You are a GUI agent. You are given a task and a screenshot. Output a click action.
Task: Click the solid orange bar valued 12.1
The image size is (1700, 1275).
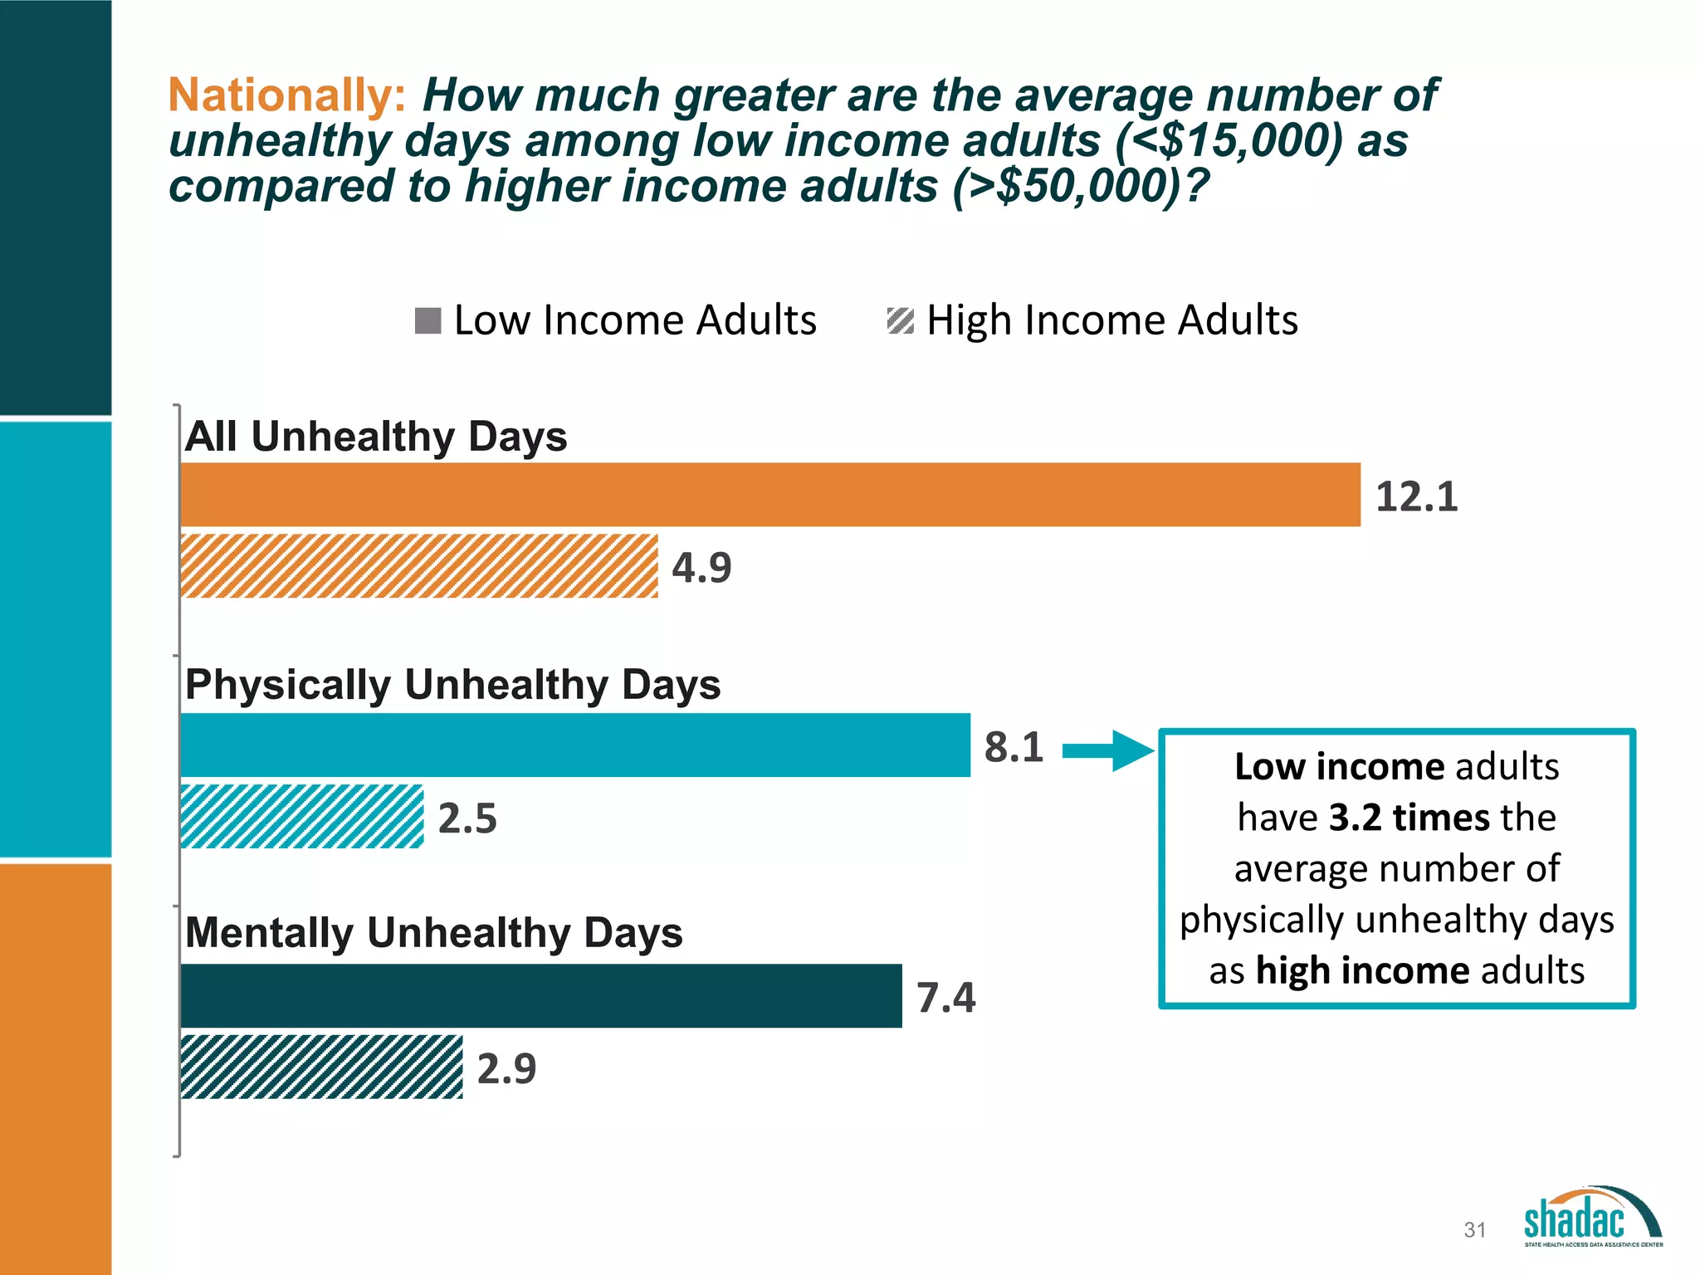[770, 495]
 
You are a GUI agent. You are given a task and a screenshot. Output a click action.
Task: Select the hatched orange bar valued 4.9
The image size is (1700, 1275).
[419, 566]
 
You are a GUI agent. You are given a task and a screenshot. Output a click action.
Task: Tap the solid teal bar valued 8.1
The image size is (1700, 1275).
[574, 745]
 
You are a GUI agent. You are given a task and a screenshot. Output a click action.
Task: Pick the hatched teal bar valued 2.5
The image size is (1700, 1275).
[302, 817]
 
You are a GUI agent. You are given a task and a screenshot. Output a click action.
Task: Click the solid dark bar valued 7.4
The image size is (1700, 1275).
[540, 996]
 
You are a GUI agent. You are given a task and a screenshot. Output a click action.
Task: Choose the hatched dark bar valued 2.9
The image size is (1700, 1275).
[322, 1067]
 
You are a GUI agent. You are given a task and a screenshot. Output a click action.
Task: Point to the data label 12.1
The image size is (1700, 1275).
[1416, 496]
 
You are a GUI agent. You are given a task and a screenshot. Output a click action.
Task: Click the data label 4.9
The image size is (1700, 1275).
[701, 568]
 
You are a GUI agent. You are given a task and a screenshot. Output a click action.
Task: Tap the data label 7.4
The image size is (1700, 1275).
[945, 997]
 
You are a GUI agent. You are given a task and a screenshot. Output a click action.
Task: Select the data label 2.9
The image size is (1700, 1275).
[506, 1068]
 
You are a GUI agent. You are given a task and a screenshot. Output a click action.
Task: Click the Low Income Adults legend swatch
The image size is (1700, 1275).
[427, 320]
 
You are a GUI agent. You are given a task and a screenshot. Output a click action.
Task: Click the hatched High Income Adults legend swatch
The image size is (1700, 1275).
[901, 320]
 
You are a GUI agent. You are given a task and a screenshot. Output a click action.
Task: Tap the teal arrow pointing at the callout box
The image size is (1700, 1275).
[1107, 751]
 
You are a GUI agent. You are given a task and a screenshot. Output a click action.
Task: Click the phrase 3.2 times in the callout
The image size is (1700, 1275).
[1396, 817]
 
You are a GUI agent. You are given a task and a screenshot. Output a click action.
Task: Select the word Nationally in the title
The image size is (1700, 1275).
[286, 95]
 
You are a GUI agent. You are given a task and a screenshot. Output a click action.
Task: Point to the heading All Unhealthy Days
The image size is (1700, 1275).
[376, 437]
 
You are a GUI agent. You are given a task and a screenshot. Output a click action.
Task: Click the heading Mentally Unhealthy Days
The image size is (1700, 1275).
[433, 932]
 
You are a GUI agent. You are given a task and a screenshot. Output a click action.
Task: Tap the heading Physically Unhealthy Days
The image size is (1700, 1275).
[452, 685]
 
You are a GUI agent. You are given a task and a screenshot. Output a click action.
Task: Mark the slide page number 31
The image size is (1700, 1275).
[1474, 1229]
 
